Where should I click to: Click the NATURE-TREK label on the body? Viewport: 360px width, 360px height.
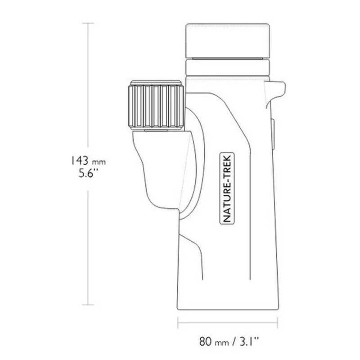(x=227, y=188)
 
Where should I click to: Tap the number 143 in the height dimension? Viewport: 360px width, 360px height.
(x=79, y=160)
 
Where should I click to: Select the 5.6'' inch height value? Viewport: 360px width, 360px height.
(x=88, y=173)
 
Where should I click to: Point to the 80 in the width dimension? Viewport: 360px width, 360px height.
(x=206, y=342)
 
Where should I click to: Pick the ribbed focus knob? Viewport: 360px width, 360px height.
(x=156, y=106)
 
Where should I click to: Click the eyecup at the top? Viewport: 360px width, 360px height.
(x=228, y=40)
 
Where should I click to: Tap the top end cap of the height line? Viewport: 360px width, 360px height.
(x=88, y=23)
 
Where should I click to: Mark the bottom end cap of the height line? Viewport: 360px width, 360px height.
(x=88, y=305)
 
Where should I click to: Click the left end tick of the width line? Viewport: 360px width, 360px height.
(x=178, y=323)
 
